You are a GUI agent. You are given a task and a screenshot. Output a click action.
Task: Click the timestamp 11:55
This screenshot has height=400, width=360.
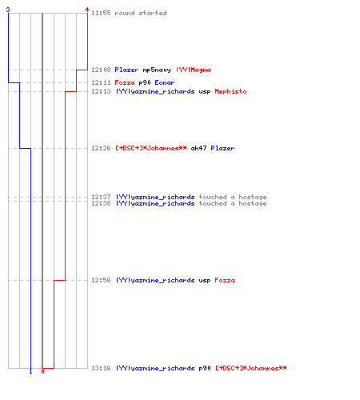click(x=101, y=13)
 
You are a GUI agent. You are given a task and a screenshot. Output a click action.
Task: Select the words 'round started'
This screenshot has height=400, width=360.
click(x=141, y=13)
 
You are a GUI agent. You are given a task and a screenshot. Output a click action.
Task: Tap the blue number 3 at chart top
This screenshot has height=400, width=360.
click(x=8, y=10)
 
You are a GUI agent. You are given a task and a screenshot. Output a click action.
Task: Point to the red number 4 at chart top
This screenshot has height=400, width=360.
click(x=87, y=10)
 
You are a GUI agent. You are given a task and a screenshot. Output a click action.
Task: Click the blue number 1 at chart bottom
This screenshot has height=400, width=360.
click(x=30, y=371)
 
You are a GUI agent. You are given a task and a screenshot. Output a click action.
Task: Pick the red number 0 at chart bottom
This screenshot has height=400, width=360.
click(x=42, y=371)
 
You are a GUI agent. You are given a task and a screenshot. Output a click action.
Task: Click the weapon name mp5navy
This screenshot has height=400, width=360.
click(x=157, y=70)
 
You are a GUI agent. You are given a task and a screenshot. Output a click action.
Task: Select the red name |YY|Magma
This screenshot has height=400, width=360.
click(x=194, y=70)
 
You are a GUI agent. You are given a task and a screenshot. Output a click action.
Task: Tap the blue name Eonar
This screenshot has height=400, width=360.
click(x=165, y=82)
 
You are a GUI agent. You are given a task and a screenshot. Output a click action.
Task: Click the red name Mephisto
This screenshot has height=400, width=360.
click(x=230, y=91)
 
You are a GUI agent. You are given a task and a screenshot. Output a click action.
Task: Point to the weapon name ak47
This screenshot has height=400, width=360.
click(x=198, y=148)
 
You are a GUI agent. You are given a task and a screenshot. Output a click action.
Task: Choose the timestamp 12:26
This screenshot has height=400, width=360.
click(x=101, y=148)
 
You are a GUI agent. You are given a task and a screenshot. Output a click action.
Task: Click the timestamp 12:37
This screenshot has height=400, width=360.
click(x=101, y=197)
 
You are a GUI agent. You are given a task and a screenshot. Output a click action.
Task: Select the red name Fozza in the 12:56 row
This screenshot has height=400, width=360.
click(x=225, y=280)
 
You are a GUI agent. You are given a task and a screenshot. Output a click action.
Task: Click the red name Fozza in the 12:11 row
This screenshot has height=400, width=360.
click(x=125, y=82)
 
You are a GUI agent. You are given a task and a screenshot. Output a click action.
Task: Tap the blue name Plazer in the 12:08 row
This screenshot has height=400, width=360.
click(x=126, y=70)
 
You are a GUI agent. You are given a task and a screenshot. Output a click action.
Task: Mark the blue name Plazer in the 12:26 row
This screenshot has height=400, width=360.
click(x=222, y=148)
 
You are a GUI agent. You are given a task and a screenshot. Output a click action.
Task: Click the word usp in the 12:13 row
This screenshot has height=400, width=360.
click(x=205, y=92)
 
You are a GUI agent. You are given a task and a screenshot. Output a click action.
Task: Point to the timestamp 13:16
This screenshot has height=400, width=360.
click(x=101, y=368)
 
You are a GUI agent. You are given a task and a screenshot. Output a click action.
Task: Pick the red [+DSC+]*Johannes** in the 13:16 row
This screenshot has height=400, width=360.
click(x=251, y=368)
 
